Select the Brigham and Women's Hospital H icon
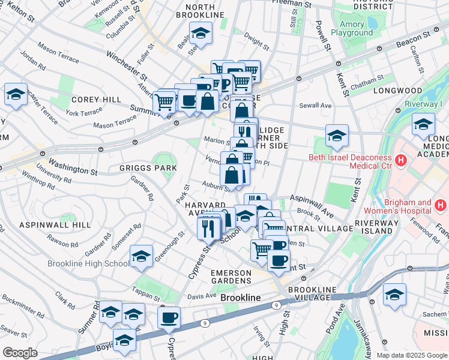pos(441,206)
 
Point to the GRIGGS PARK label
pos(148,168)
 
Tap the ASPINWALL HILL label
pos(55,224)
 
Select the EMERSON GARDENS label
pos(231,277)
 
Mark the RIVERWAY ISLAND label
pos(376,227)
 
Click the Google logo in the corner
pos(20,353)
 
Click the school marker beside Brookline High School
pos(141,256)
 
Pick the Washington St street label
pos(73,166)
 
